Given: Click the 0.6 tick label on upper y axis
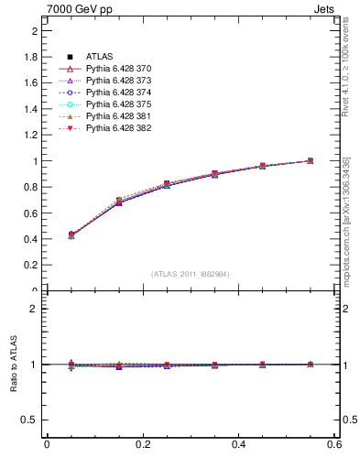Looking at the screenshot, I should pyautogui.click(x=31, y=213).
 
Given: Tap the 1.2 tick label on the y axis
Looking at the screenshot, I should pyautogui.click(x=31, y=136).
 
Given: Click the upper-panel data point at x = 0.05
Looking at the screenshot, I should pyautogui.click(x=46, y=235).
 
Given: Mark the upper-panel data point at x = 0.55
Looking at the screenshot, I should pyautogui.click(x=310, y=161).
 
